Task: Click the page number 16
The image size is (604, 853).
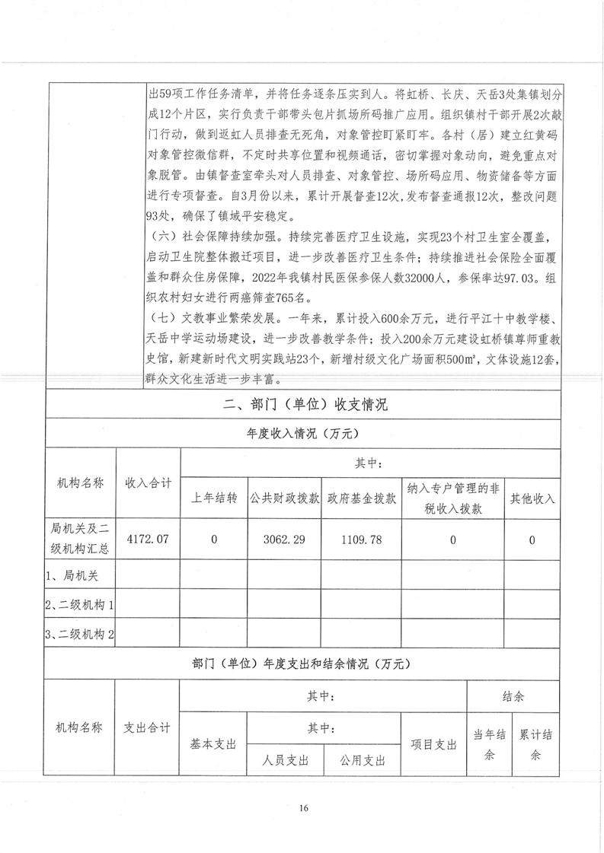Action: click(x=303, y=807)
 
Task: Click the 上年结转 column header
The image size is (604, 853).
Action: click(x=214, y=499)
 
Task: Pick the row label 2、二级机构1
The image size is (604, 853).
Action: click(x=79, y=606)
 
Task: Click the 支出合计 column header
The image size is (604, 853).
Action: click(x=147, y=728)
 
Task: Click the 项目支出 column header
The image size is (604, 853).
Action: click(x=433, y=743)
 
